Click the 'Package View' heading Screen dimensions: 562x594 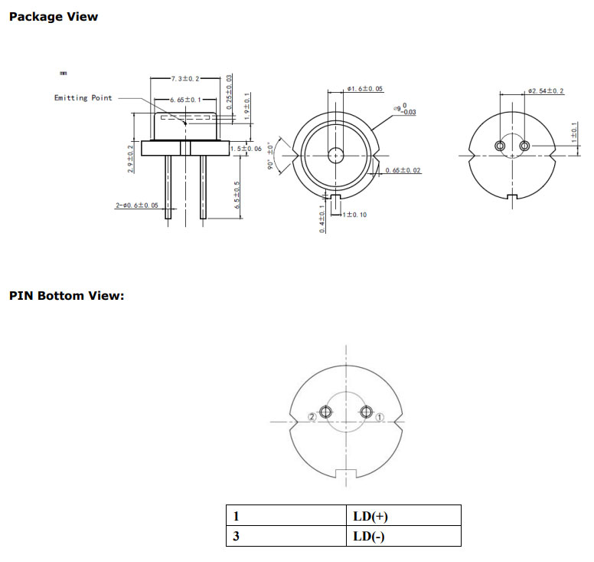(x=53, y=16)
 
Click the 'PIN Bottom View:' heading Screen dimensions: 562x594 (x=66, y=295)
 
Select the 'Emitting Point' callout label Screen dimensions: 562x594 (x=83, y=98)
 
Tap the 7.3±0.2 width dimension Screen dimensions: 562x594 (x=185, y=79)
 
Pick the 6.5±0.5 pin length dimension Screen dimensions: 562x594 (x=238, y=195)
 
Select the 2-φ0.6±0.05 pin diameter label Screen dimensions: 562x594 (x=138, y=205)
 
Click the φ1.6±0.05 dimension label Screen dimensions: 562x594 (x=365, y=90)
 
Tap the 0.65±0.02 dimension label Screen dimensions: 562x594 (x=403, y=170)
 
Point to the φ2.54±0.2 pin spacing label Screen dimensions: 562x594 (x=546, y=91)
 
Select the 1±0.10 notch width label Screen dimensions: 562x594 (x=354, y=215)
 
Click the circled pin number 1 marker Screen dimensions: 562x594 (x=380, y=416)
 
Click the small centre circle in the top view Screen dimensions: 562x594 (x=335, y=155)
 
